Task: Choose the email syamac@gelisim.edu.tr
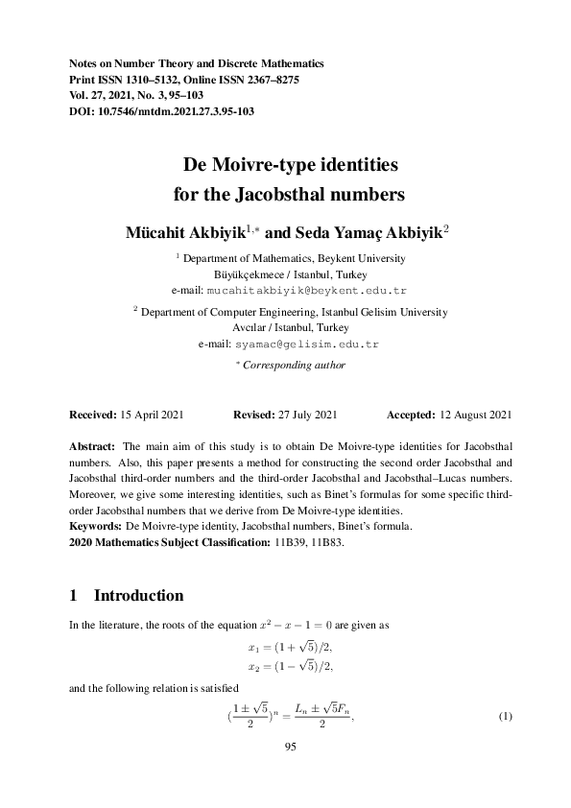[x=314, y=343]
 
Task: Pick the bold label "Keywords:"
[x=95, y=527]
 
